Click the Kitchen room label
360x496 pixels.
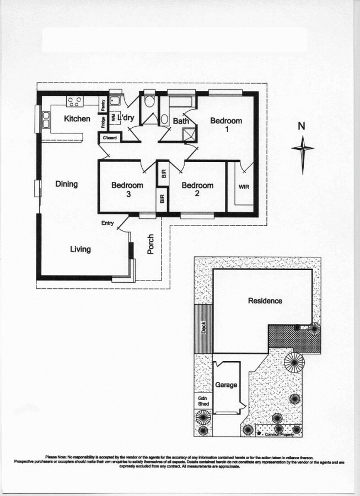tap(77, 118)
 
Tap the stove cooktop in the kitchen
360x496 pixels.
tap(74, 101)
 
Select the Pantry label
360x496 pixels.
tap(103, 104)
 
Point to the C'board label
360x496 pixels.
tap(109, 138)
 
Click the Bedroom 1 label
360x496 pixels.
tap(226, 125)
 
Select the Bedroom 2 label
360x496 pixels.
tap(197, 189)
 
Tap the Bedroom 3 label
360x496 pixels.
tap(127, 189)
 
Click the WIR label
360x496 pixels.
tap(244, 187)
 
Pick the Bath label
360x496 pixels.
tap(181, 121)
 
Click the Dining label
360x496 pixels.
tap(67, 184)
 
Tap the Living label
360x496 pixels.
tap(80, 249)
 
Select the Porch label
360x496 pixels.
tap(151, 244)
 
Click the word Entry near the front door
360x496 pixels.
tap(108, 223)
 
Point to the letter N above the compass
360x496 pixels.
tap(301, 126)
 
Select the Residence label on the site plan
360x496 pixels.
tap(265, 300)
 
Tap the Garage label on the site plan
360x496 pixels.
tap(226, 385)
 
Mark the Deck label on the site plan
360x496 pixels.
tap(203, 328)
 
